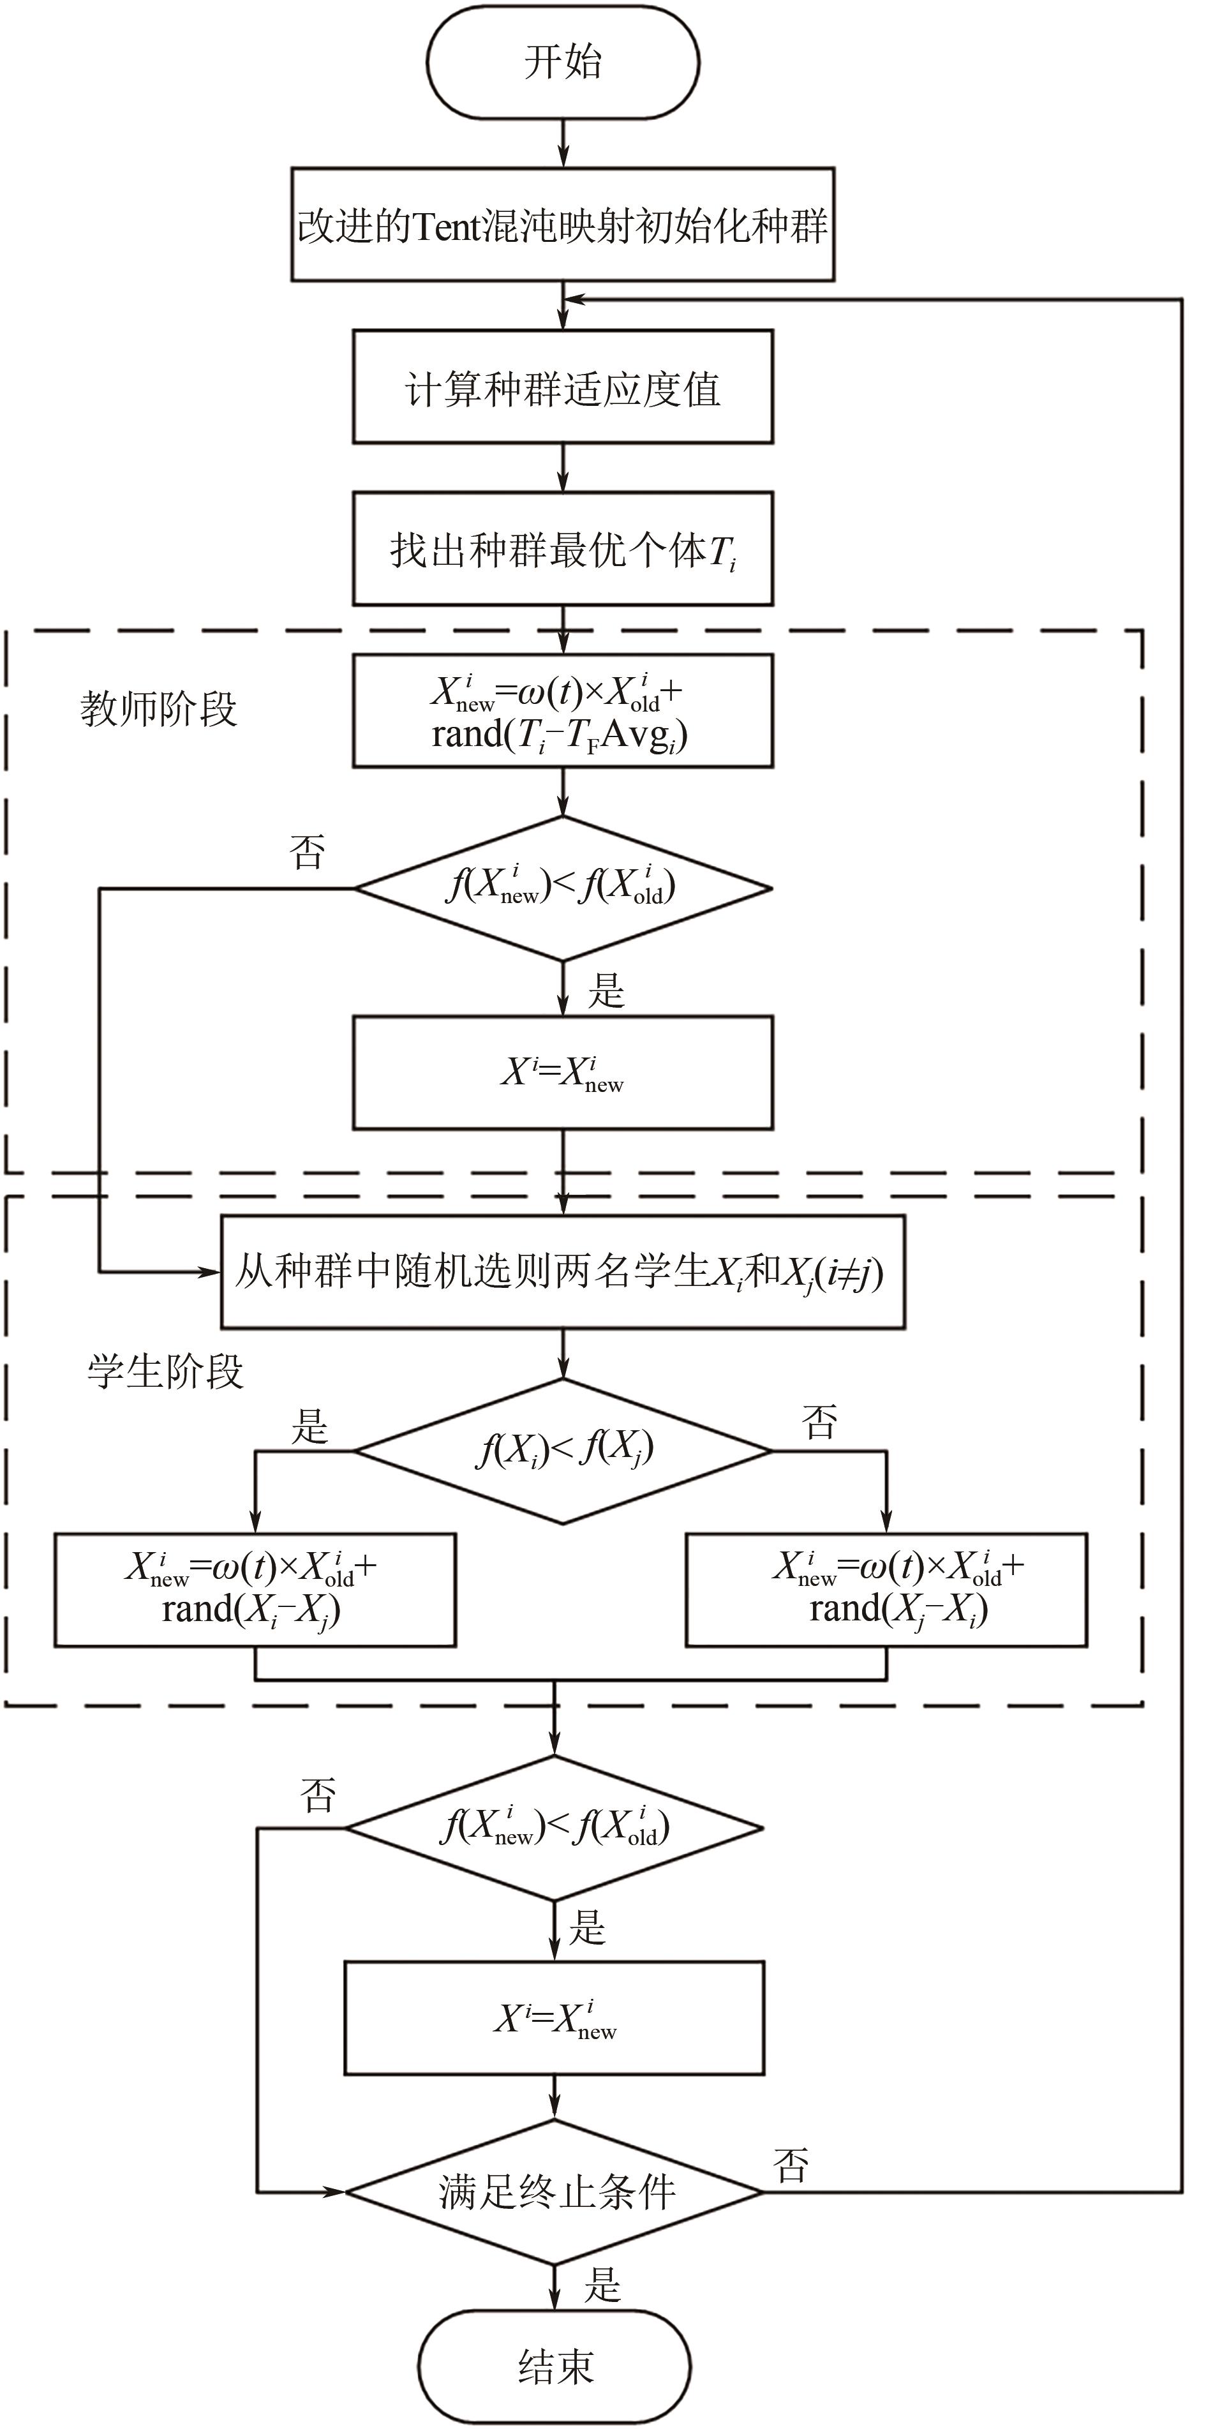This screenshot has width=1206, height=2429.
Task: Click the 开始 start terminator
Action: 563,63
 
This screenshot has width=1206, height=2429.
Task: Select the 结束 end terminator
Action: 555,2366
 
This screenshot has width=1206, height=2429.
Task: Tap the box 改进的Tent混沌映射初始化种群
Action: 563,225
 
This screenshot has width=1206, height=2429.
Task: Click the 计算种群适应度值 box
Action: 563,387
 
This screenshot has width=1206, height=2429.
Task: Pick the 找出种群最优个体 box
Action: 563,549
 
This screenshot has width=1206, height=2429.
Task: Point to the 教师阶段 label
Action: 158,708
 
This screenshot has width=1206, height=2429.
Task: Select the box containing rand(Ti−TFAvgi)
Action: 563,712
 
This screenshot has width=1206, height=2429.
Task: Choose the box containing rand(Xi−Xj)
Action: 255,1590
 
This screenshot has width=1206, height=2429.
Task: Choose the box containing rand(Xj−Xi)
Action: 886,1590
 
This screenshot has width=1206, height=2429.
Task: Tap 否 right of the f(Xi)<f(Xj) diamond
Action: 819,1422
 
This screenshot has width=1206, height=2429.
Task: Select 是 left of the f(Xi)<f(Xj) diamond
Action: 309,1426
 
